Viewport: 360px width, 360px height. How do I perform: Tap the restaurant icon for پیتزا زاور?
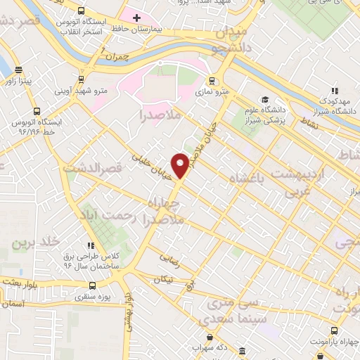(x=17, y=71)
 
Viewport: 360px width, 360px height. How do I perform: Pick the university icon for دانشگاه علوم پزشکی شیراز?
(x=264, y=99)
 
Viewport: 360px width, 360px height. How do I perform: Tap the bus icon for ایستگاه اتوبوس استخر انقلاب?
(x=82, y=11)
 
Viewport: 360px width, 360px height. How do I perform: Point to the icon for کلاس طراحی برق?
(x=91, y=245)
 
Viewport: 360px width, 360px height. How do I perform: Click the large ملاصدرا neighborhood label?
(x=161, y=114)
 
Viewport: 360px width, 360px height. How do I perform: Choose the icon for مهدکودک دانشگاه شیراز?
(x=335, y=91)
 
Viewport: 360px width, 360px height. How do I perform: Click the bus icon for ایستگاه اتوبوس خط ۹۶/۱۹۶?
(x=36, y=112)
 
